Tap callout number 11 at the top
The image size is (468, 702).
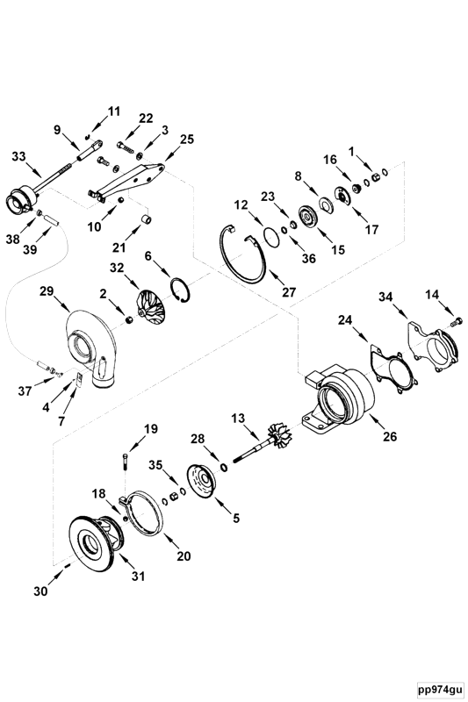pos(113,111)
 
